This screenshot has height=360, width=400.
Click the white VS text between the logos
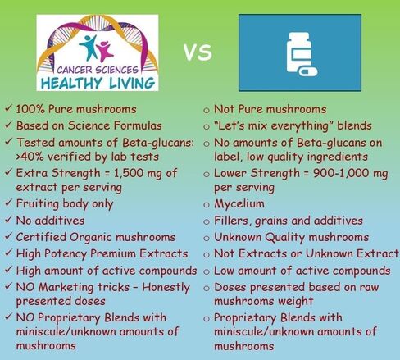pyautogui.click(x=198, y=52)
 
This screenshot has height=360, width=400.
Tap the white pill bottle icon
pyautogui.click(x=299, y=52)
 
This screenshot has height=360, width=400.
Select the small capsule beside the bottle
pyautogui.click(x=307, y=71)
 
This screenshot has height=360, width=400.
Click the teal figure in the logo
pyautogui.click(x=89, y=47)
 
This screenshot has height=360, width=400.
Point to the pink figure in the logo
pyautogui.click(x=105, y=51)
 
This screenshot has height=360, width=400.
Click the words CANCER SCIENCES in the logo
pyautogui.click(x=98, y=70)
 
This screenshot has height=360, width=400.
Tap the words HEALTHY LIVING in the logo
pyautogui.click(x=98, y=83)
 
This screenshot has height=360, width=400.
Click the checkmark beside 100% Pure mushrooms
pyautogui.click(x=8, y=108)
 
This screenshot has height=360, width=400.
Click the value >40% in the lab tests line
pyautogui.click(x=25, y=157)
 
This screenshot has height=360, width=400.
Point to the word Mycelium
pyautogui.click(x=239, y=204)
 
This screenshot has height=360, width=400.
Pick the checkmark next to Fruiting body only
pyautogui.click(x=8, y=203)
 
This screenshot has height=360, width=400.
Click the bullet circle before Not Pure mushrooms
pyautogui.click(x=207, y=110)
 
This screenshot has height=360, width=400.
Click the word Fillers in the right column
pyautogui.click(x=233, y=221)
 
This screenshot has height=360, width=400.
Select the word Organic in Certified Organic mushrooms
pyautogui.click(x=91, y=237)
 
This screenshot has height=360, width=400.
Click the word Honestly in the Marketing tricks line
pyautogui.click(x=166, y=287)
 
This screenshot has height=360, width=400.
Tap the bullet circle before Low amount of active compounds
pyautogui.click(x=207, y=272)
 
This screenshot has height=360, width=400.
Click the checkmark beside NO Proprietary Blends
pyautogui.click(x=8, y=317)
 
